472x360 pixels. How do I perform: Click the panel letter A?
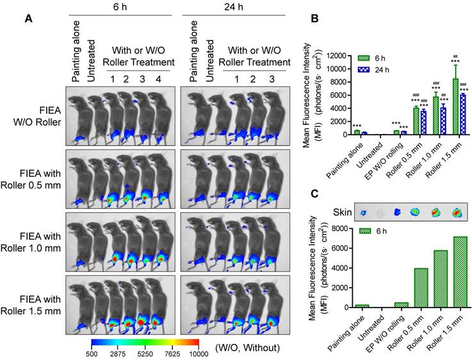pyautogui.click(x=29, y=19)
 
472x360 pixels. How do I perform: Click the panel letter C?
pyautogui.click(x=314, y=193)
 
